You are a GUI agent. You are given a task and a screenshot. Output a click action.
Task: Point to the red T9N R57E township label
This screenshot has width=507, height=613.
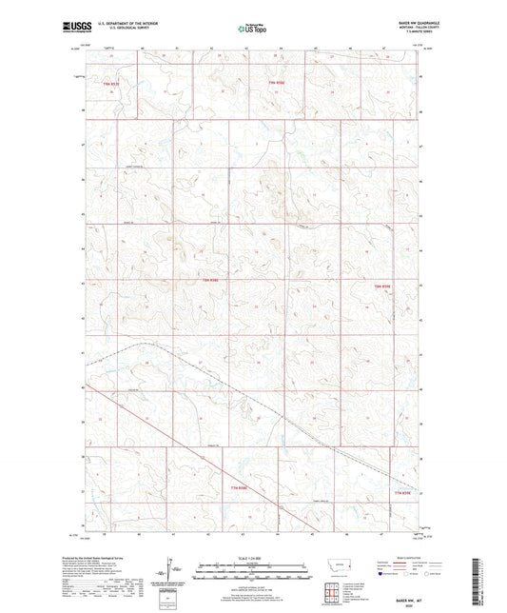112,84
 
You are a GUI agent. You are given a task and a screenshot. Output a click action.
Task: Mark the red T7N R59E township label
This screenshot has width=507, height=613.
405,492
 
